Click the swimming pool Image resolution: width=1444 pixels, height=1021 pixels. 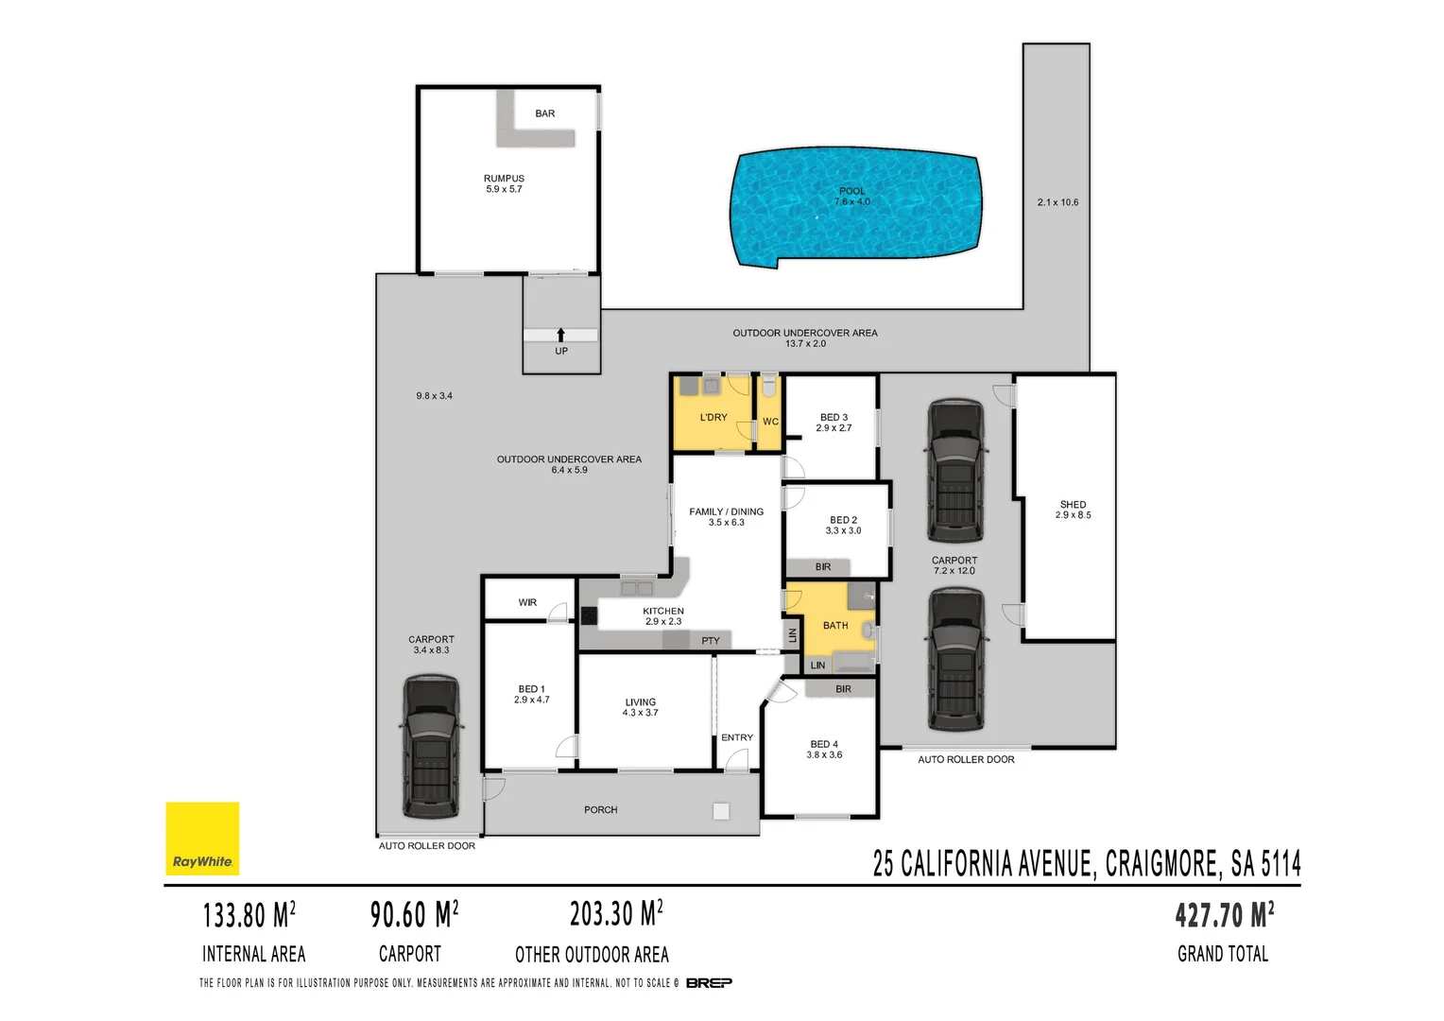click(x=853, y=206)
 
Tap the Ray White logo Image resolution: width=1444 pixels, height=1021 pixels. click(x=202, y=839)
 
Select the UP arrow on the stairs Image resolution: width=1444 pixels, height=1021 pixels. click(x=560, y=335)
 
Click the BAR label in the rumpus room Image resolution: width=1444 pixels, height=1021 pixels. click(x=545, y=113)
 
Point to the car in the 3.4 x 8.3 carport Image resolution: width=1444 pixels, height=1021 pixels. click(x=431, y=747)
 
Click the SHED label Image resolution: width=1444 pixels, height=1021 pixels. click(x=1073, y=505)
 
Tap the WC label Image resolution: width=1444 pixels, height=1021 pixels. click(x=770, y=422)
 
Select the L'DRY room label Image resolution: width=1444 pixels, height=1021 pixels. click(x=713, y=418)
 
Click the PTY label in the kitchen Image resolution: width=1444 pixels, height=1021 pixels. click(x=711, y=641)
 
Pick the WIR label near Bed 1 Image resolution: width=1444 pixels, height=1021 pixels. click(x=527, y=602)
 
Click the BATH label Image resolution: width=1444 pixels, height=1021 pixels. click(x=835, y=626)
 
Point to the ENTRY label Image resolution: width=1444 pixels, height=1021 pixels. click(x=737, y=737)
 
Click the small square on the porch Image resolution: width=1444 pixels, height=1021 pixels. click(x=721, y=810)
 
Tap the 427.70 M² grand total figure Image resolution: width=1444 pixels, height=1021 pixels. click(x=1224, y=915)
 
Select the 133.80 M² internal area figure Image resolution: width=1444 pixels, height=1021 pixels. click(x=249, y=915)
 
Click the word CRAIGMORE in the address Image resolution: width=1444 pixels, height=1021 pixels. click(x=1161, y=864)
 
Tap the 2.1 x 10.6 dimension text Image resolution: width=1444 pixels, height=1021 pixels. click(x=1057, y=202)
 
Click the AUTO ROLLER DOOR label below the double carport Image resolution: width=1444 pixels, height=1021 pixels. click(x=966, y=759)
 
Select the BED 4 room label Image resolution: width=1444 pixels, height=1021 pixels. click(x=824, y=744)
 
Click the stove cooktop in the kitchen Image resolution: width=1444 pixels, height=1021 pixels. click(x=589, y=615)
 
